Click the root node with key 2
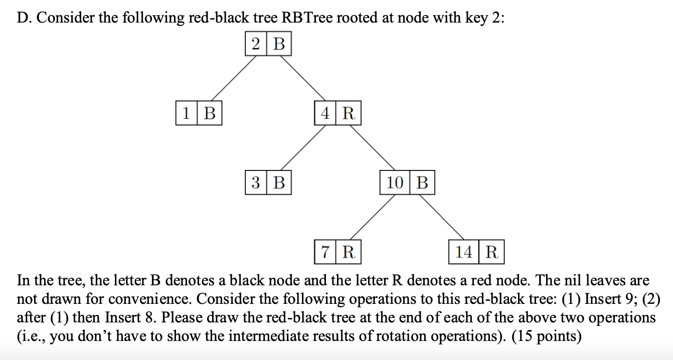point(268,44)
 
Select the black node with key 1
point(199,113)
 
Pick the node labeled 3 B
point(268,183)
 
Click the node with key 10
point(407,183)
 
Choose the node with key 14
point(476,252)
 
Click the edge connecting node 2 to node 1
point(234,78)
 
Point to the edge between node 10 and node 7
point(372,217)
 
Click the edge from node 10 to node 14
point(441,217)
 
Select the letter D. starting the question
point(25,18)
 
